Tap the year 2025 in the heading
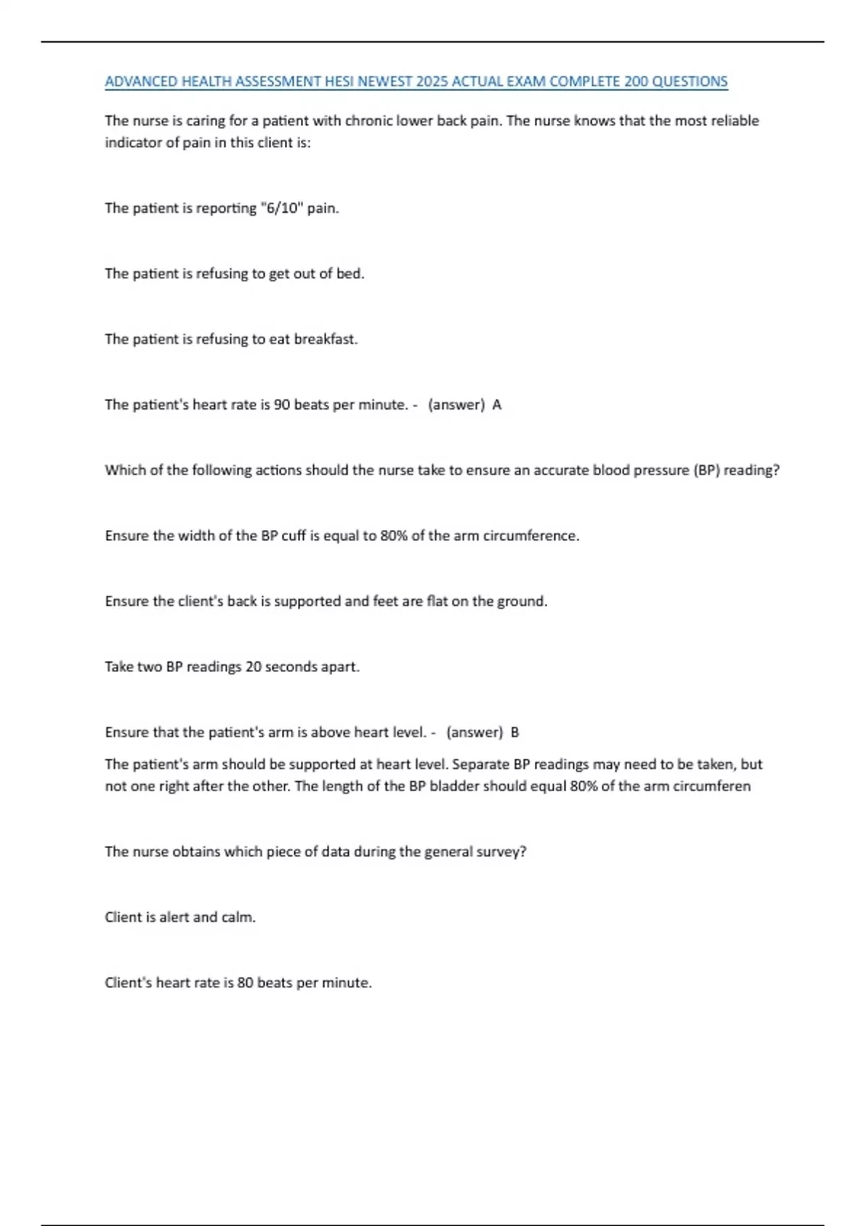coord(432,81)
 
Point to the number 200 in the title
coord(636,81)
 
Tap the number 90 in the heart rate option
coord(282,405)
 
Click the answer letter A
coord(497,405)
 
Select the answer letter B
coord(515,732)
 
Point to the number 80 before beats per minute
coord(245,983)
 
